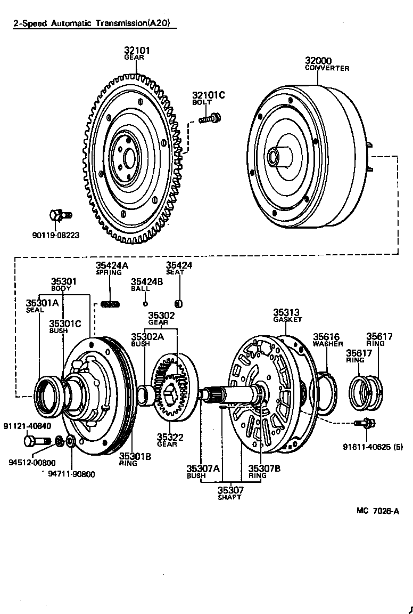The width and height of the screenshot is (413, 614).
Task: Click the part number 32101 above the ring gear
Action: [137, 51]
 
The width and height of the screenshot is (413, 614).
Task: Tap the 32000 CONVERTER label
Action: [327, 64]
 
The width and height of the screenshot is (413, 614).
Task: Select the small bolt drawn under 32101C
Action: [210, 118]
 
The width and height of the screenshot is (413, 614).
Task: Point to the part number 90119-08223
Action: [56, 235]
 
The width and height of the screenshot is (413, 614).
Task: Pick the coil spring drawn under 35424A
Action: [110, 304]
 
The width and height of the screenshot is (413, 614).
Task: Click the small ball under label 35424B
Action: [144, 304]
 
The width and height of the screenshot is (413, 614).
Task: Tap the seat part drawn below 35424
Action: [179, 304]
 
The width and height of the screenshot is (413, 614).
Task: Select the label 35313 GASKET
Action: [287, 316]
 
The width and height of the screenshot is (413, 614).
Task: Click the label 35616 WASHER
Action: [327, 340]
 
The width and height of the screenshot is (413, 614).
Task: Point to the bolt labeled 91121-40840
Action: [34, 441]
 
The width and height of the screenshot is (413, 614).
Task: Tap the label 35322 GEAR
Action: [170, 440]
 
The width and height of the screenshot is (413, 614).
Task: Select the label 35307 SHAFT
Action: [230, 494]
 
